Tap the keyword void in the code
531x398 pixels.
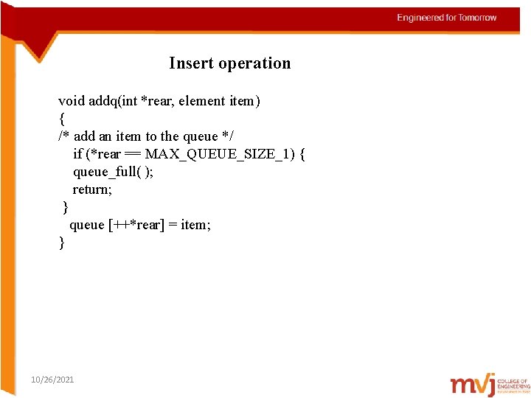tap(72, 101)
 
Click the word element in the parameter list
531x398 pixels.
tap(201, 101)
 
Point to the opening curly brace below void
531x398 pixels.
tap(61, 118)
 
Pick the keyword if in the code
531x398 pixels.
tap(77, 154)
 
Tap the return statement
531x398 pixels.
tap(92, 189)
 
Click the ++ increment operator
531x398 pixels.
tap(119, 225)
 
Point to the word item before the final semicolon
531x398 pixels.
tap(193, 225)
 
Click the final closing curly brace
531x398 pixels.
tap(62, 242)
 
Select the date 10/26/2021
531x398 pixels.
tap(52, 380)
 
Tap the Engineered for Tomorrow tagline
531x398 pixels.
tap(447, 18)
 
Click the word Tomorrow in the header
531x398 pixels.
tap(478, 18)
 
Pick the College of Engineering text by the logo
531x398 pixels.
tap(514, 383)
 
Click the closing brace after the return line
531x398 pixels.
tap(66, 206)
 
